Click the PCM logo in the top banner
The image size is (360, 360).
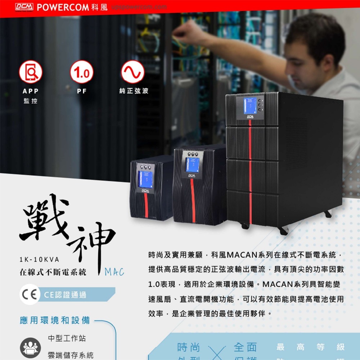click(24, 7)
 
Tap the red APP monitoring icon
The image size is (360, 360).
click(31, 72)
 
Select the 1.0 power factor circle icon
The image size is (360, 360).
click(82, 72)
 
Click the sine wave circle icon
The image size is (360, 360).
click(133, 72)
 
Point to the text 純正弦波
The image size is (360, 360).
click(134, 91)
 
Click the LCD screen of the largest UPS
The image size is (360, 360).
click(250, 105)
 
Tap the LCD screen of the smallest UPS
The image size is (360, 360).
click(145, 179)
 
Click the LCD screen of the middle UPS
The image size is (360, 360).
click(192, 164)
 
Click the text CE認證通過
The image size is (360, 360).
click(65, 295)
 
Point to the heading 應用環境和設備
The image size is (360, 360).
click(55, 320)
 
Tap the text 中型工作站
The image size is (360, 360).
click(67, 338)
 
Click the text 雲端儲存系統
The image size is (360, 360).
click(71, 355)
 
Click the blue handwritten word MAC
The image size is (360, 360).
click(114, 272)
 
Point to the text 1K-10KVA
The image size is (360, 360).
click(39, 260)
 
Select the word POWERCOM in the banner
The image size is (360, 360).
click(63, 7)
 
